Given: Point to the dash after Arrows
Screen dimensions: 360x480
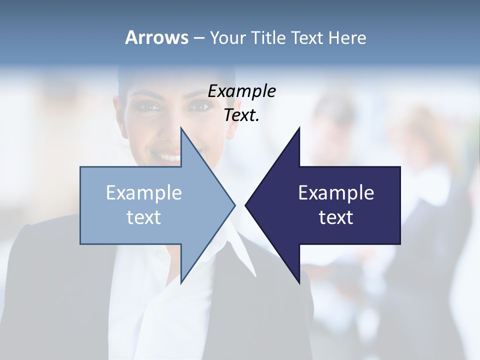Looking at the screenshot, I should pos(198,38).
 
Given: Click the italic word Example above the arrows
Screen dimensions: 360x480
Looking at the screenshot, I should pos(242,91).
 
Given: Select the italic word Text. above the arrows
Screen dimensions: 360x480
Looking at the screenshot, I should pos(242,115).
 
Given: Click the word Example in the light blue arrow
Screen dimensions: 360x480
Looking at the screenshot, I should pos(144,192).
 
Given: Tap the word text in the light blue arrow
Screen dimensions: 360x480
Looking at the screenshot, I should pos(144,217).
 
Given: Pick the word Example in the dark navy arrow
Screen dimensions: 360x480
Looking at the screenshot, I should pos(336,192).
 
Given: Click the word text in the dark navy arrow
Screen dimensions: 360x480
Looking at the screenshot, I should pos(336,217).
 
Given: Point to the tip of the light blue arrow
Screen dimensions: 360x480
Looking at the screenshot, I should pos(235,205).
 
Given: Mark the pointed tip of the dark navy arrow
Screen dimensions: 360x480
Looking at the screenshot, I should pos(245,205).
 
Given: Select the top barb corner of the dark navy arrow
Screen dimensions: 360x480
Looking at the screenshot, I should pos(299,127).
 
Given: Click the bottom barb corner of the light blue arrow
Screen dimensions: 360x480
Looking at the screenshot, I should pos(181,283).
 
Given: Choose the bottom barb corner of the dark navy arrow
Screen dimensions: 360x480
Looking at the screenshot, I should pos(299,283).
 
